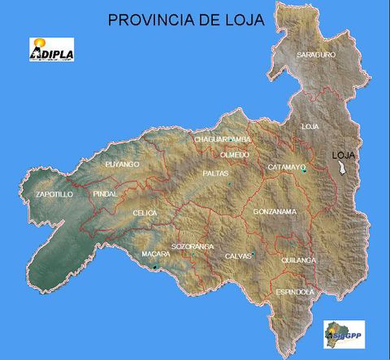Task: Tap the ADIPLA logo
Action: (x=51, y=50)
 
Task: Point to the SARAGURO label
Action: (x=315, y=54)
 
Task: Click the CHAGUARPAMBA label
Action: (x=223, y=140)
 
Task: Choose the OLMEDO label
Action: (x=235, y=154)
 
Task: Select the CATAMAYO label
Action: (x=286, y=167)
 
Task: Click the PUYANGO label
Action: (x=123, y=164)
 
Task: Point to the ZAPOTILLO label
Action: (x=55, y=195)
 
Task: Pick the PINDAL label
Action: (x=106, y=194)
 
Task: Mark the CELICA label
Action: (x=145, y=212)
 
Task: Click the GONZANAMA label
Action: (x=275, y=211)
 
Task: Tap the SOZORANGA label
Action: (x=193, y=245)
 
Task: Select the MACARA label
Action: (x=155, y=254)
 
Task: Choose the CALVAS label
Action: (x=238, y=256)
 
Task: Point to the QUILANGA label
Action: (x=297, y=260)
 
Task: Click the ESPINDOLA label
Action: (x=294, y=291)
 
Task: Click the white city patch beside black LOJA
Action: (x=342, y=167)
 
